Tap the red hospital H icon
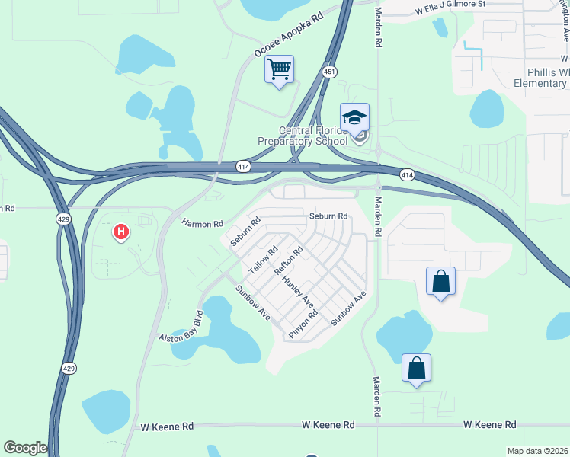pos(120,231)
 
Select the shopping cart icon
pos(280,70)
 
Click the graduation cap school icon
pos(354,117)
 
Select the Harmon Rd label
pos(203,224)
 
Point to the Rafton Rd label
pos(290,260)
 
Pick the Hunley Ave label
pos(298,292)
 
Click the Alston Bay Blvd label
pos(181,327)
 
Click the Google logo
pos(25,448)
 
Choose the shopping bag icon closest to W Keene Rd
pos(417,368)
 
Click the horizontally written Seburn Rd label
pos(328,216)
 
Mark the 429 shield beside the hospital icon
pos(64,219)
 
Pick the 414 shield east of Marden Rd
pos(407,175)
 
